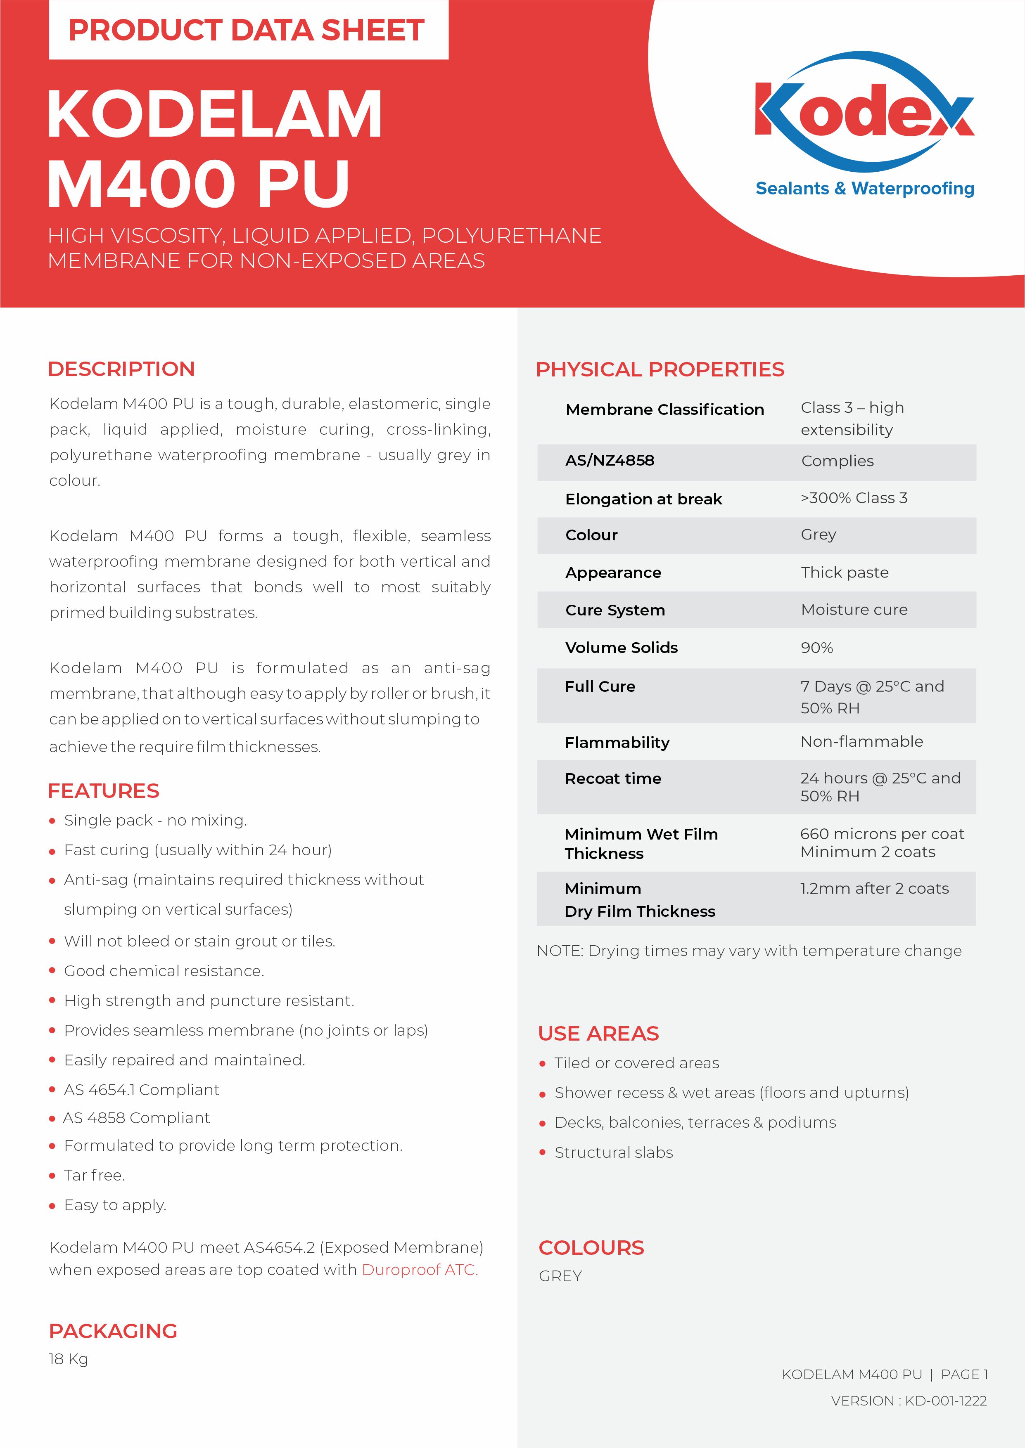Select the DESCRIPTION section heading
[121, 369]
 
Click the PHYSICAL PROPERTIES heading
[660, 369]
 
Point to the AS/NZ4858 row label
[610, 460]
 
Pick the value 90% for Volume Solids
[817, 648]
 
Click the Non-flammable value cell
[861, 742]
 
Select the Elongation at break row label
[643, 499]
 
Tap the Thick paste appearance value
[845, 573]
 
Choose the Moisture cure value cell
[854, 610]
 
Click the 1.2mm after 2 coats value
[874, 889]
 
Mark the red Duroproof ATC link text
[419, 1270]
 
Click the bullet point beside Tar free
[52, 1176]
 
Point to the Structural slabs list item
[614, 1152]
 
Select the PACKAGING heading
[113, 1331]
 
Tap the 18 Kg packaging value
[68, 1359]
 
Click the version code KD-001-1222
[945, 1401]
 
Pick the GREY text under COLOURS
[560, 1276]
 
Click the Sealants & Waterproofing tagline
[865, 189]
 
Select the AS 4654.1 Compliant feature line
[141, 1090]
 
